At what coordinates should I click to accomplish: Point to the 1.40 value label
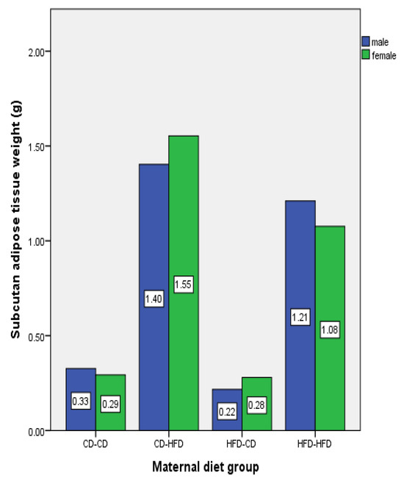[154, 299]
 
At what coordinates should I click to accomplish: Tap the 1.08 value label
[329, 329]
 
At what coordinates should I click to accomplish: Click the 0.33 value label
[81, 402]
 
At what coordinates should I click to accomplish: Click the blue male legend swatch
[364, 42]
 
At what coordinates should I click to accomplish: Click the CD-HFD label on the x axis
[168, 443]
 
